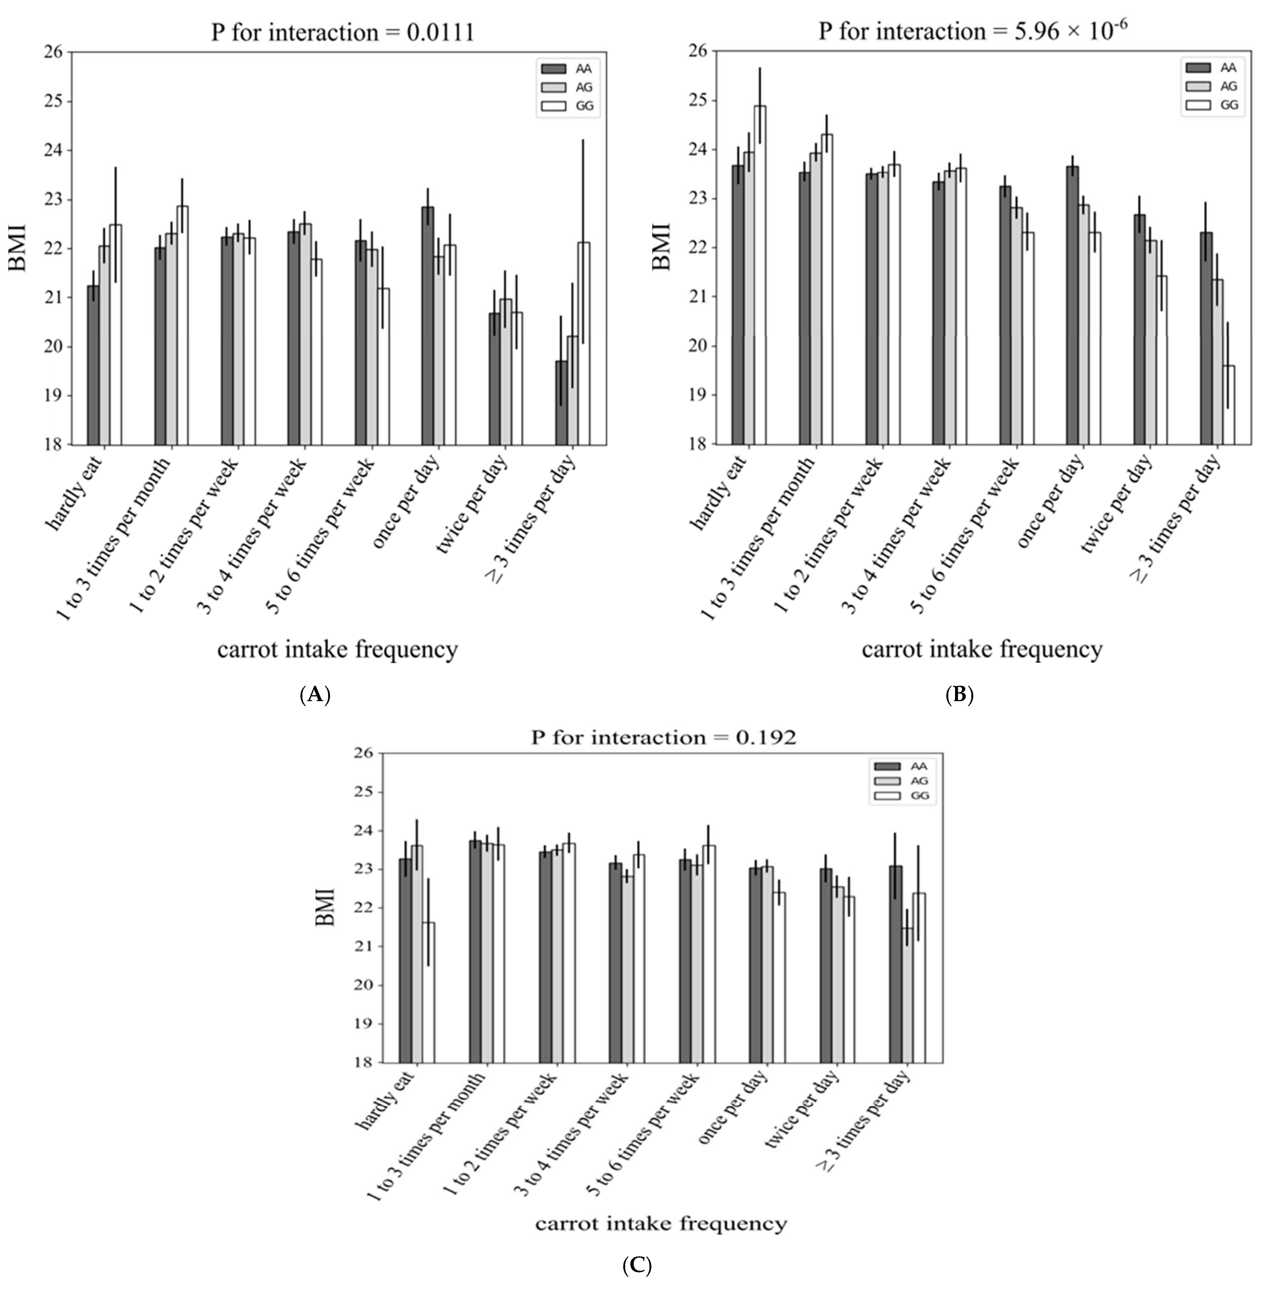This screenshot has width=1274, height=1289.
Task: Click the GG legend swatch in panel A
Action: coord(553,105)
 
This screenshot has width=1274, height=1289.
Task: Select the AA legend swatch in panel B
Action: coord(1198,67)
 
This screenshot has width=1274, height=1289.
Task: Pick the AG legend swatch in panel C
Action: coord(887,781)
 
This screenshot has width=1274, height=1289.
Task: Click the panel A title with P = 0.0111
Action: coord(342,32)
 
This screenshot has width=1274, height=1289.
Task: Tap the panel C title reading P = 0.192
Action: coord(663,737)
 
